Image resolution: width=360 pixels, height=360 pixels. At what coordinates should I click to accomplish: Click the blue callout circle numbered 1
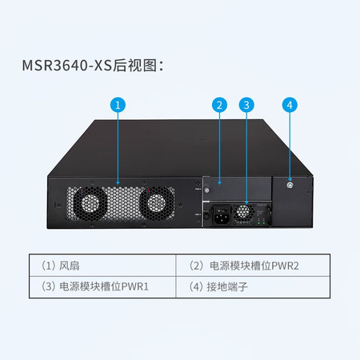click(118, 105)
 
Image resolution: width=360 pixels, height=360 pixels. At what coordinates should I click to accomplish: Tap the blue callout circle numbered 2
click(219, 105)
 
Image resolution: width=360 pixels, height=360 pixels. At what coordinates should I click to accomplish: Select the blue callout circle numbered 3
click(246, 105)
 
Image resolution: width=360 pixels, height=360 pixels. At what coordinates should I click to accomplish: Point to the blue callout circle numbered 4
click(290, 105)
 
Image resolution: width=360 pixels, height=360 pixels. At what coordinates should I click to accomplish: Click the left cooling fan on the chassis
click(90, 204)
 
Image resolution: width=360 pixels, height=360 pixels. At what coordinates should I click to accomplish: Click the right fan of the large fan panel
click(157, 204)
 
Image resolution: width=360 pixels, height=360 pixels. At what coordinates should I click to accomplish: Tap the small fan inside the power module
click(244, 212)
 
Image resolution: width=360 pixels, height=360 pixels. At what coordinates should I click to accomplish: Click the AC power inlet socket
click(222, 219)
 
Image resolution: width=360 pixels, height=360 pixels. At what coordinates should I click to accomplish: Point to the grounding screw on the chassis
click(290, 186)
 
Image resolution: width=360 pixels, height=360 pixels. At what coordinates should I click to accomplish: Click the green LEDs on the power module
click(261, 222)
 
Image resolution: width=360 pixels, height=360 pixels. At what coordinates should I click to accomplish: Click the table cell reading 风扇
click(102, 266)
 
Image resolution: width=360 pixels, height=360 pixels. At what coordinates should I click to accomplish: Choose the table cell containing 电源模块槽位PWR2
click(253, 266)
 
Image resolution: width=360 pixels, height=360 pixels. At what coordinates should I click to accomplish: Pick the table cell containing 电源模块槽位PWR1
click(102, 287)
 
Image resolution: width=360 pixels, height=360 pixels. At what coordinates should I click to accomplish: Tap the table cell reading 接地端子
click(253, 287)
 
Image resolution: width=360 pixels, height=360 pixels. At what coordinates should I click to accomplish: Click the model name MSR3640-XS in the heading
click(67, 66)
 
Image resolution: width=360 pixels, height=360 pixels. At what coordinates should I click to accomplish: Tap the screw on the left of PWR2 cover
click(206, 190)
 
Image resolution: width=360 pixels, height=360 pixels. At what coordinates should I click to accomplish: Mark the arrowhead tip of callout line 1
click(118, 185)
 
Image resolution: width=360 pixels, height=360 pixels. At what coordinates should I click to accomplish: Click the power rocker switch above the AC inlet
click(221, 210)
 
